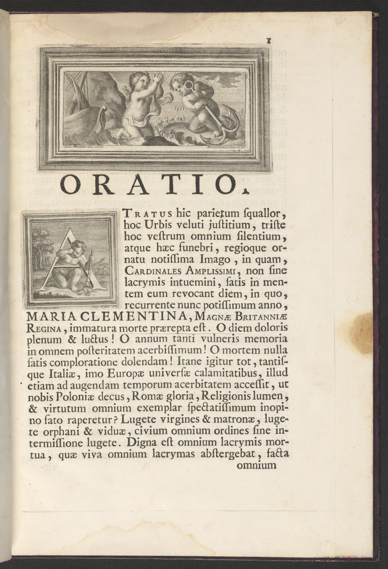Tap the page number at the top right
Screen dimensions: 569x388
(x=268, y=40)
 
